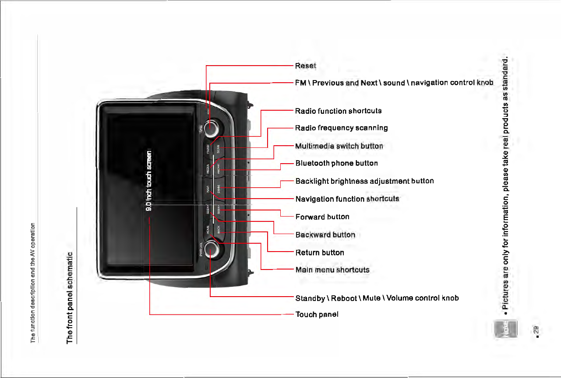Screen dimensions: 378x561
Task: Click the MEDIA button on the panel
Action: coord(208,169)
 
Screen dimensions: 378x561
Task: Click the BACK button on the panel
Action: coord(219,230)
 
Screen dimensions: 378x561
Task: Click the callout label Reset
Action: coord(306,66)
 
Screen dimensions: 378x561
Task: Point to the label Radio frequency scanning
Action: coord(342,128)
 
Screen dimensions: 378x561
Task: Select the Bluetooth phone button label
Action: coord(336,163)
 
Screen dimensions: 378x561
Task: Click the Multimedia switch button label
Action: coord(339,146)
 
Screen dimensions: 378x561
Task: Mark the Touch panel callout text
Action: coord(317,314)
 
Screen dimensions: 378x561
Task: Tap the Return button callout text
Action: coord(320,252)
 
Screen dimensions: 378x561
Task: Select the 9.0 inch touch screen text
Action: coord(149,181)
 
